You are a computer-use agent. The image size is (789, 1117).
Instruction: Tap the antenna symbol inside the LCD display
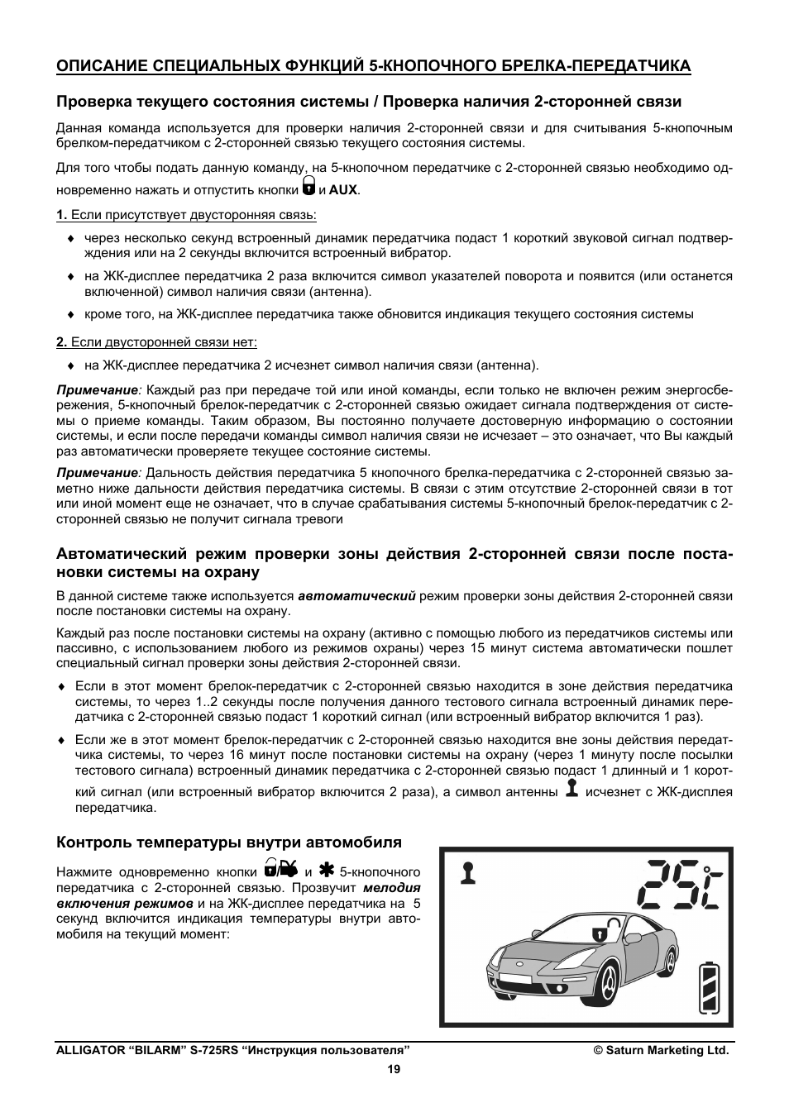pos(470,872)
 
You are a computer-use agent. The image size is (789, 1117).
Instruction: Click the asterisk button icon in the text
pos(325,870)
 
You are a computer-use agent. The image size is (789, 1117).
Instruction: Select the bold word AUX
pos(342,189)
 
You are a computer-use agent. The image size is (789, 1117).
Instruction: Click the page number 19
pos(394,1069)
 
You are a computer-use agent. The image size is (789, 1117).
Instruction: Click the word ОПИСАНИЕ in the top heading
pos(92,66)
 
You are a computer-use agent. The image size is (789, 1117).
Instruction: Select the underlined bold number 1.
pos(60,215)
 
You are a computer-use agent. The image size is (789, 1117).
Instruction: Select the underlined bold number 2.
pos(60,342)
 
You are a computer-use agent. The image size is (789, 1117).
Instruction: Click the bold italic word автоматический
pos(356,595)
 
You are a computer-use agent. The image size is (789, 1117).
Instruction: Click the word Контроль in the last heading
pos(88,843)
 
